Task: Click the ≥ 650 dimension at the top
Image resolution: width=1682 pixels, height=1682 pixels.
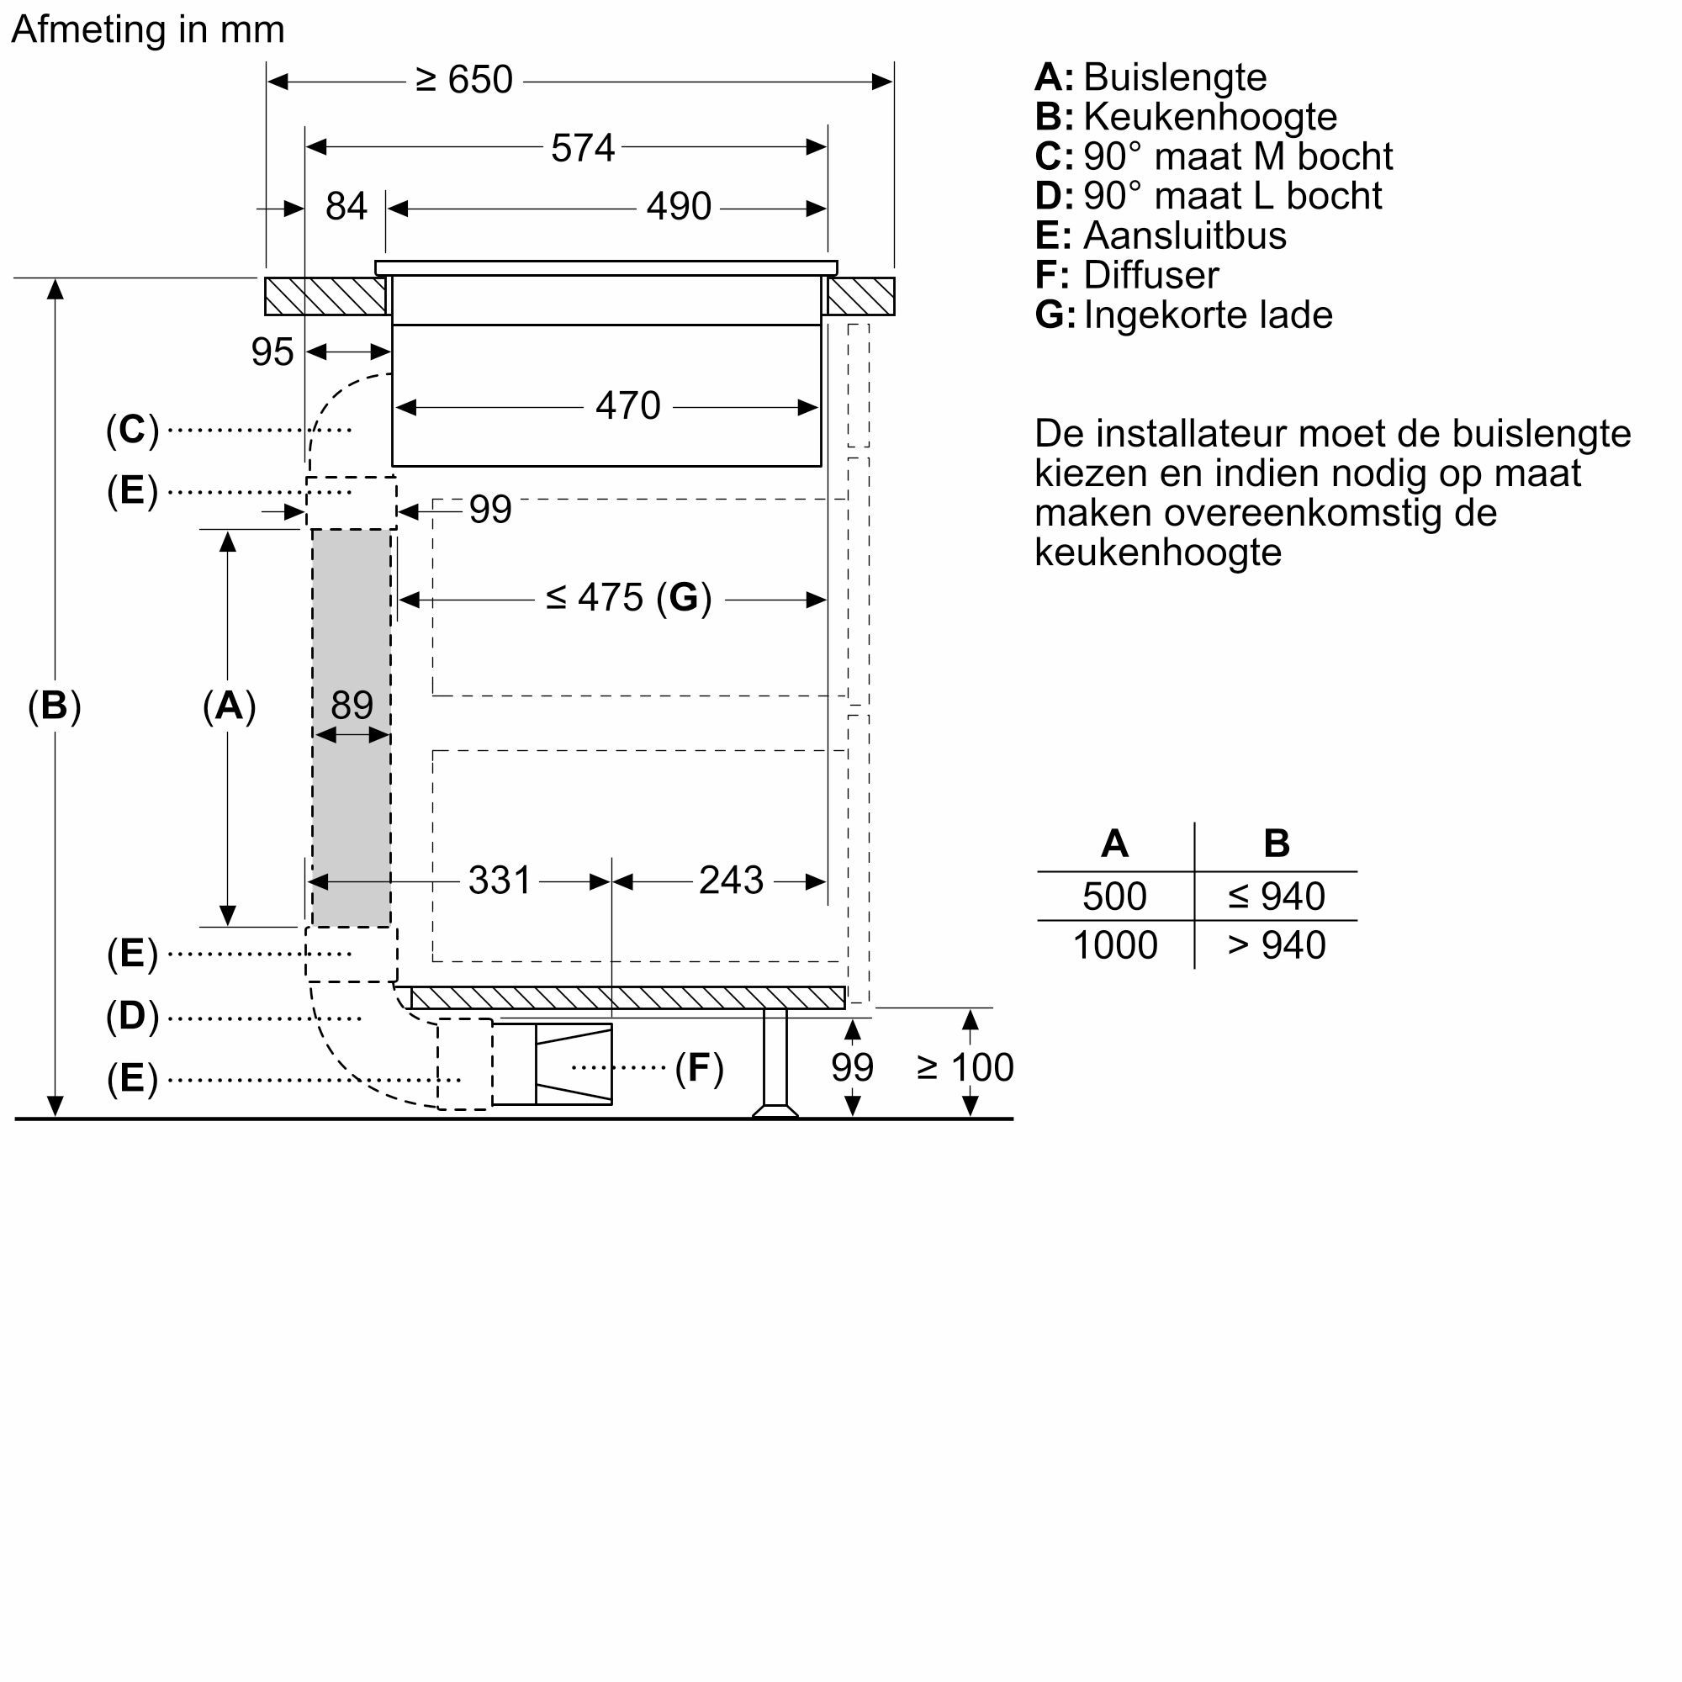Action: tap(464, 80)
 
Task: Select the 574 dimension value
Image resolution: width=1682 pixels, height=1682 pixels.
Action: tap(583, 148)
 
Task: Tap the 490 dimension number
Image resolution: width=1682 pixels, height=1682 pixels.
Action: tap(678, 207)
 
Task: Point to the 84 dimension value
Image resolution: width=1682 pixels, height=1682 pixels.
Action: tap(346, 207)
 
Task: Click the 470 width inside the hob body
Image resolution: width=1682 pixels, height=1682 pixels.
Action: tap(627, 406)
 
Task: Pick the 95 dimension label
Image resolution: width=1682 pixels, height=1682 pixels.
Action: tap(272, 352)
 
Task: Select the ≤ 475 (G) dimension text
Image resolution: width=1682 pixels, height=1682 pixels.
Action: tap(628, 598)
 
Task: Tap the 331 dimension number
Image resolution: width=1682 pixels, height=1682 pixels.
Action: tap(499, 881)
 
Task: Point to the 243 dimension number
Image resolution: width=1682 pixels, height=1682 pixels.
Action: tap(731, 881)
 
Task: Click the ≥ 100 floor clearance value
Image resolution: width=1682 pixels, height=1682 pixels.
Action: tap(965, 1068)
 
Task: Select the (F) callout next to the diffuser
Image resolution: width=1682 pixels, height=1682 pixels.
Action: tap(699, 1068)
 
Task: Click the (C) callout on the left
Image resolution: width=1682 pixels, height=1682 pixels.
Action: tap(132, 430)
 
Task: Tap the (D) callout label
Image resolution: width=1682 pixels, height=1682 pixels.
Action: tap(132, 1017)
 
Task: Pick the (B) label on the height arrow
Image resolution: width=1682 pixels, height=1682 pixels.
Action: tap(54, 706)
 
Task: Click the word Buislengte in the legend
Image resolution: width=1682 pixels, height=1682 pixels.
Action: tap(1174, 77)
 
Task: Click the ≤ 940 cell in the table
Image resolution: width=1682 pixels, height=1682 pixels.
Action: tap(1276, 897)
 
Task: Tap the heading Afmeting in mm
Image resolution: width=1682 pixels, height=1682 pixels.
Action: tap(148, 29)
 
